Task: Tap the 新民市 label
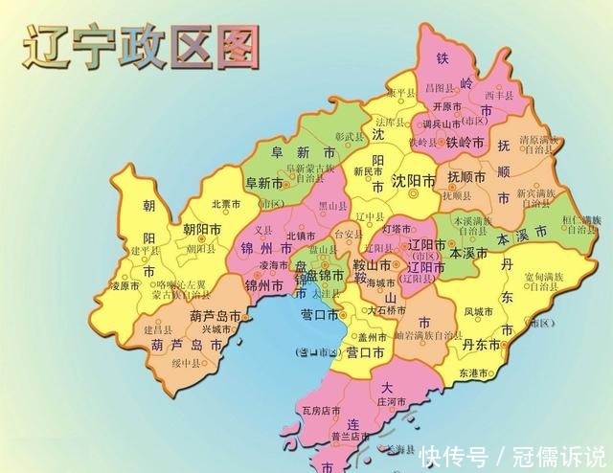[x=368, y=171]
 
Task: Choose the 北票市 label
[x=227, y=203]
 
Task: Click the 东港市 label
[x=474, y=372]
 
